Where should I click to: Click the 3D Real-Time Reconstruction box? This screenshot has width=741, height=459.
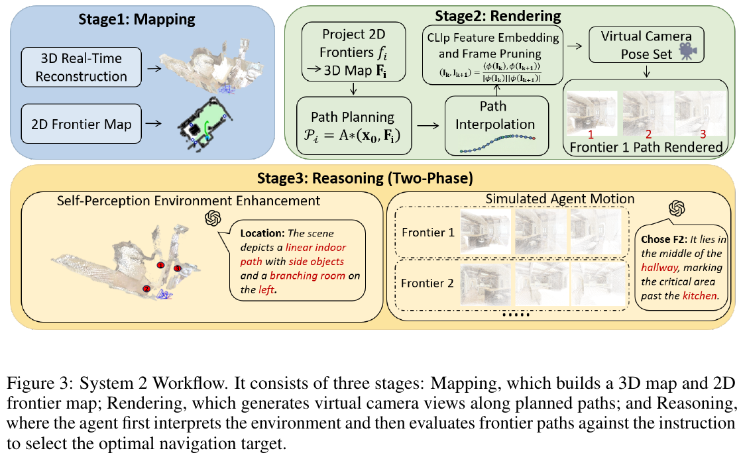pyautogui.click(x=82, y=67)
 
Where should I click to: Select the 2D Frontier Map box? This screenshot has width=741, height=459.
pyautogui.click(x=82, y=124)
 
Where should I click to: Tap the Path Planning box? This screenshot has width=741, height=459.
pyautogui.click(x=354, y=126)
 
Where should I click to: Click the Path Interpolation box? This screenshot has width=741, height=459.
pyautogui.click(x=496, y=126)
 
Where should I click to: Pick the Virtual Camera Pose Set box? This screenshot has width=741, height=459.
pyautogui.click(x=646, y=45)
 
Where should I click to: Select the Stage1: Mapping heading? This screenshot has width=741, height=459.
pyautogui.click(x=137, y=19)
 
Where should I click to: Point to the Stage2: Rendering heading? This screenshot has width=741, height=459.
pyautogui.click(x=498, y=16)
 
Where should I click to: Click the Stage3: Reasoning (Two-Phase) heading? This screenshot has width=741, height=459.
pyautogui.click(x=365, y=178)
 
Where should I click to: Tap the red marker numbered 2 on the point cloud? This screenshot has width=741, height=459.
pyautogui.click(x=146, y=289)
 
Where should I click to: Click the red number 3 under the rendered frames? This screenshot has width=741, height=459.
pyautogui.click(x=703, y=134)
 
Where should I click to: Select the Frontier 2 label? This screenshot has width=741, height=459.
pyautogui.click(x=427, y=283)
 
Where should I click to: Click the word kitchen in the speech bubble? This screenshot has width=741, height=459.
pyautogui.click(x=700, y=295)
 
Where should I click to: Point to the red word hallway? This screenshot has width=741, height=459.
pyautogui.click(x=659, y=268)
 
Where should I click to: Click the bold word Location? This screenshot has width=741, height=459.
pyautogui.click(x=262, y=233)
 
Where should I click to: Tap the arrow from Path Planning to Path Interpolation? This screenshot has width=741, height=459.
pyautogui.click(x=428, y=126)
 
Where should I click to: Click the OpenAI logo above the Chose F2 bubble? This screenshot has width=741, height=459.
pyautogui.click(x=677, y=208)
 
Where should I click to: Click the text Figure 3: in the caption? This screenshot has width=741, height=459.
pyautogui.click(x=40, y=383)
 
